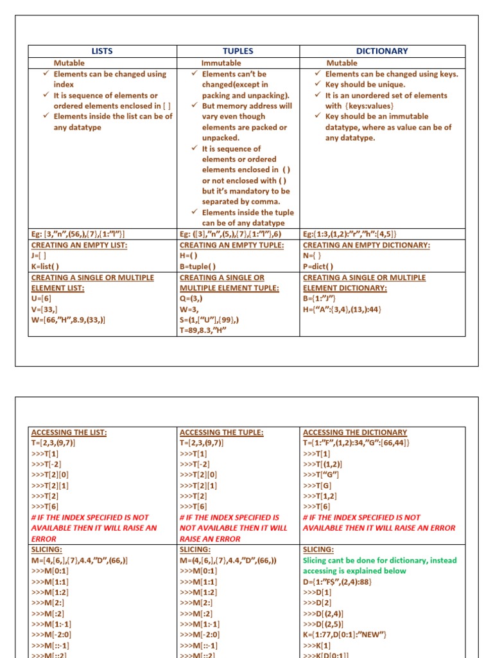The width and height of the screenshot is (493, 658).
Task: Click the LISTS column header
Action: point(102,51)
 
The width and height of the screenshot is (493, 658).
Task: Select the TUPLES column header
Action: point(238,51)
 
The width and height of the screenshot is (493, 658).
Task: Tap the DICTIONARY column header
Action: point(382,51)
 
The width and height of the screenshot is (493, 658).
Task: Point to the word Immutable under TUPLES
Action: point(221,63)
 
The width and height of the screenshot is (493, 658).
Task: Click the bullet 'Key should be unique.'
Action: point(365,85)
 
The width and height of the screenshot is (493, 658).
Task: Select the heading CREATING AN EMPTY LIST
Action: point(79,245)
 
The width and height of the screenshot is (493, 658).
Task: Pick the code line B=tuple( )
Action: point(198,267)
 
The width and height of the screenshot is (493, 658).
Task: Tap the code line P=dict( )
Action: point(318,267)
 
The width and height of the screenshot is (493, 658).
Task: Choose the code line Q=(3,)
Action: point(193,299)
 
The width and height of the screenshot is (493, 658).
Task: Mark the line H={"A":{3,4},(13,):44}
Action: point(342,309)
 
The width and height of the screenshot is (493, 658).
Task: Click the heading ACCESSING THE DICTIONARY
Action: point(354,432)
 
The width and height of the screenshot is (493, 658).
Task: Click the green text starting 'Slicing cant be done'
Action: point(379,560)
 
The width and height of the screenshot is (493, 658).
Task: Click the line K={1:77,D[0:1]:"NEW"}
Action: point(344,635)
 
